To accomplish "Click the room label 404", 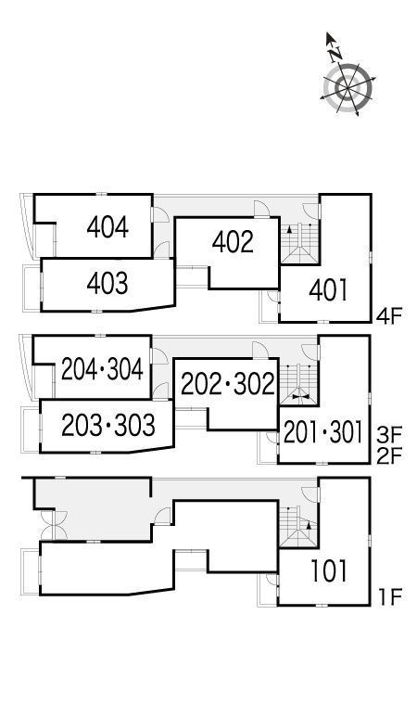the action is coord(107,227).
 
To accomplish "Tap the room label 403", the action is coord(107,284).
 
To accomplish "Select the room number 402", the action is coord(233,242).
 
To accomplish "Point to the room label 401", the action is coord(329,290).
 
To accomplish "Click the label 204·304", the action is coord(102,369).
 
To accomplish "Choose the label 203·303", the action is coord(108,425).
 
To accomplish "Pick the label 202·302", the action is coord(228,384).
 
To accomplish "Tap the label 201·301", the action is coord(322,432).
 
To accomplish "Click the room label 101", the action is coord(329,571).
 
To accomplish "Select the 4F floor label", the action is coord(388,316).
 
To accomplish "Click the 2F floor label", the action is coord(388,456).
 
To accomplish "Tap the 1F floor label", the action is coord(389,596).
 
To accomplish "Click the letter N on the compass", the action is coord(336,55).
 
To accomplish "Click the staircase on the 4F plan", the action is coord(299,243).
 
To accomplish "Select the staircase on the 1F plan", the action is coord(298,527).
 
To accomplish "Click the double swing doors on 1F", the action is coord(54,525).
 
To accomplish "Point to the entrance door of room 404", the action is coord(160,215).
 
